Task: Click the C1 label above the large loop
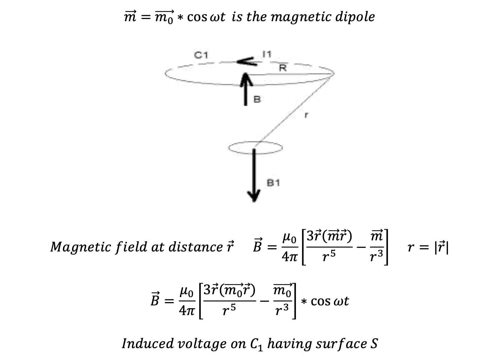click(201, 55)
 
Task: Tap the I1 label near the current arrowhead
click(267, 54)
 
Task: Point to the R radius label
click(283, 68)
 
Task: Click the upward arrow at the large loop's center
click(246, 86)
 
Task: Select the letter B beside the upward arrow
click(257, 100)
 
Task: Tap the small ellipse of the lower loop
click(255, 147)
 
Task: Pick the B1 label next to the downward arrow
click(273, 183)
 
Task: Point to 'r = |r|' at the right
click(427, 247)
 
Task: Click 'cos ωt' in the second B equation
click(329, 301)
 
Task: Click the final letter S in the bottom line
click(374, 343)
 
